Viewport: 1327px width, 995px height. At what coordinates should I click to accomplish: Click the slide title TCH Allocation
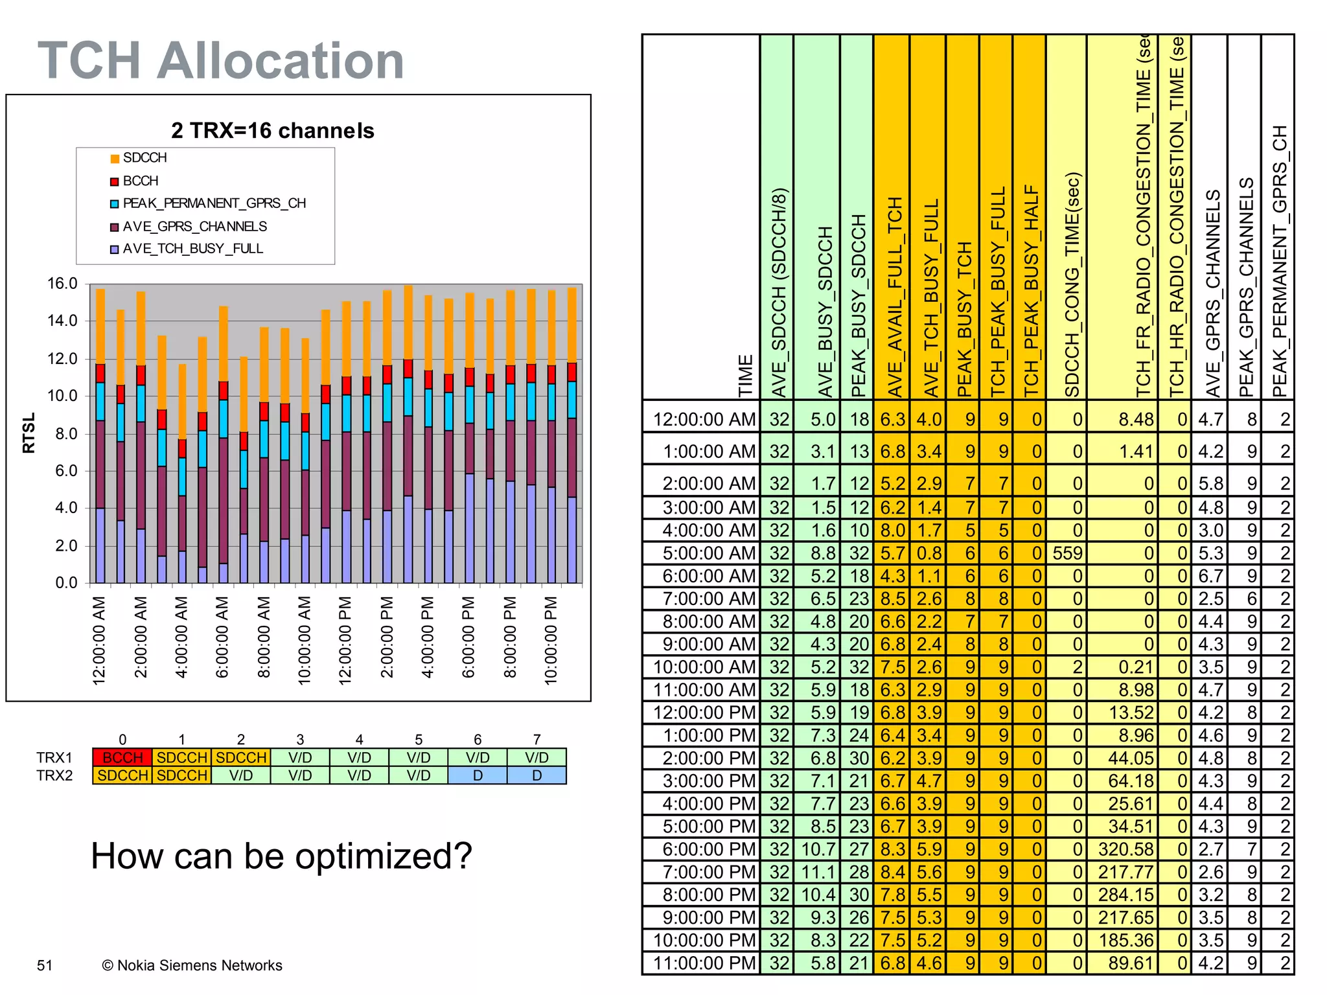[x=221, y=60]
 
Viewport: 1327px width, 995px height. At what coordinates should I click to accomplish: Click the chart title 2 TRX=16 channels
[x=273, y=130]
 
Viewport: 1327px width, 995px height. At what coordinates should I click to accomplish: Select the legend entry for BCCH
[x=140, y=181]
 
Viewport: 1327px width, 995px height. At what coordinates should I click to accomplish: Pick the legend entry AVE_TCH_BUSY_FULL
[x=192, y=249]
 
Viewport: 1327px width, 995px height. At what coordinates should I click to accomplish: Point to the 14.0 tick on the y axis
[x=62, y=321]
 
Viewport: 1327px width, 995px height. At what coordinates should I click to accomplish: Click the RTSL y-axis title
[x=29, y=433]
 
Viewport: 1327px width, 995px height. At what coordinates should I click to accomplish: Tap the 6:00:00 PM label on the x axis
[x=468, y=637]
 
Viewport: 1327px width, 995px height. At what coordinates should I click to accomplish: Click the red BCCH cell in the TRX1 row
[x=122, y=757]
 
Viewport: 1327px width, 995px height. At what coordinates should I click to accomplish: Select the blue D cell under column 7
[x=537, y=775]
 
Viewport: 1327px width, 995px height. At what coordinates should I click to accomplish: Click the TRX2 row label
[x=54, y=775]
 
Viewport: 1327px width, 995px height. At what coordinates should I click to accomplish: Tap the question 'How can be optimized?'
[x=281, y=856]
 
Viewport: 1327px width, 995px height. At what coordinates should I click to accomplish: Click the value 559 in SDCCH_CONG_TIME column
[x=1067, y=553]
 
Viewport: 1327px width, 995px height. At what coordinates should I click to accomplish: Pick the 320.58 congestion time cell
[x=1126, y=849]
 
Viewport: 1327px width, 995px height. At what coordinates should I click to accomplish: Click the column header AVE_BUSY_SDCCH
[x=824, y=311]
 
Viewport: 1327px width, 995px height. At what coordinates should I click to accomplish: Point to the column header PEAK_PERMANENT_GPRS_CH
[x=1278, y=259]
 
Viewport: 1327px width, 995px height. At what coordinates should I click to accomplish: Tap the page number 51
[x=45, y=965]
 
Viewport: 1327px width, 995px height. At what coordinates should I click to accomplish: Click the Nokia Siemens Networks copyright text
[x=192, y=965]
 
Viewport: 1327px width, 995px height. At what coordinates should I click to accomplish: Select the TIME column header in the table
[x=746, y=375]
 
